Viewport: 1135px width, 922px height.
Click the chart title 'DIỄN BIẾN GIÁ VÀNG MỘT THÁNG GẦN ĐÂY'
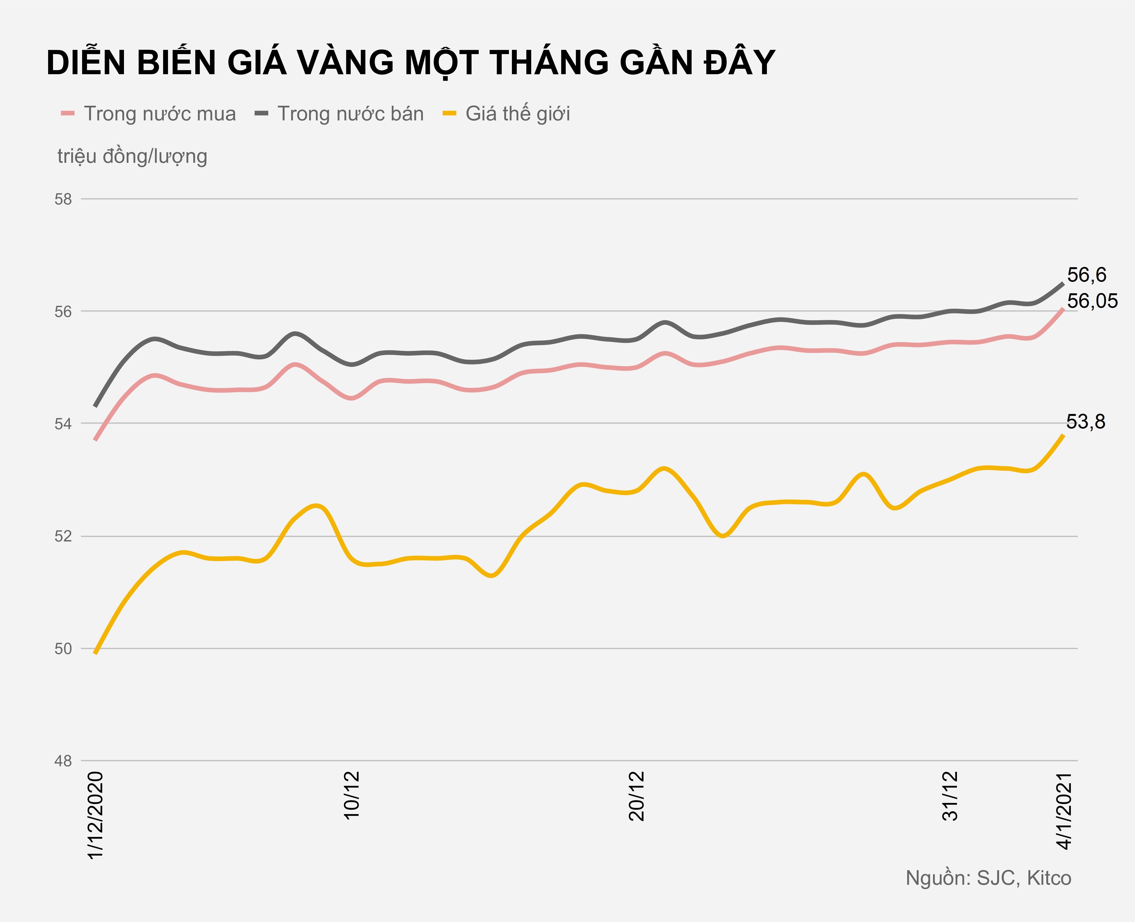tap(411, 63)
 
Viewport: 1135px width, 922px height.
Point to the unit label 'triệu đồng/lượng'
tap(132, 156)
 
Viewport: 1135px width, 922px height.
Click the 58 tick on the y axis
tap(63, 199)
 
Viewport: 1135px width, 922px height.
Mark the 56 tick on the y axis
tap(63, 312)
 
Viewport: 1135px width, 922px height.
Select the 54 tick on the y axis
tap(63, 424)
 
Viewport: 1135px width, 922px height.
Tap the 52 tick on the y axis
tap(63, 536)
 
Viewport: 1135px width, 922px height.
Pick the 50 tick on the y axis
tap(63, 649)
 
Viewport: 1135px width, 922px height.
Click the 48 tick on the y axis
tap(63, 761)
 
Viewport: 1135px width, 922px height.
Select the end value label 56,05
tap(1092, 301)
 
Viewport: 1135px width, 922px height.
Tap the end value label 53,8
tap(1086, 422)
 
